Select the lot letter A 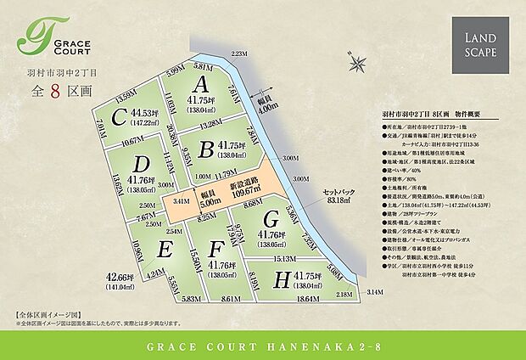pos(201,83)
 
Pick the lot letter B pos(204,149)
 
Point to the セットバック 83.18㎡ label pos(343,195)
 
